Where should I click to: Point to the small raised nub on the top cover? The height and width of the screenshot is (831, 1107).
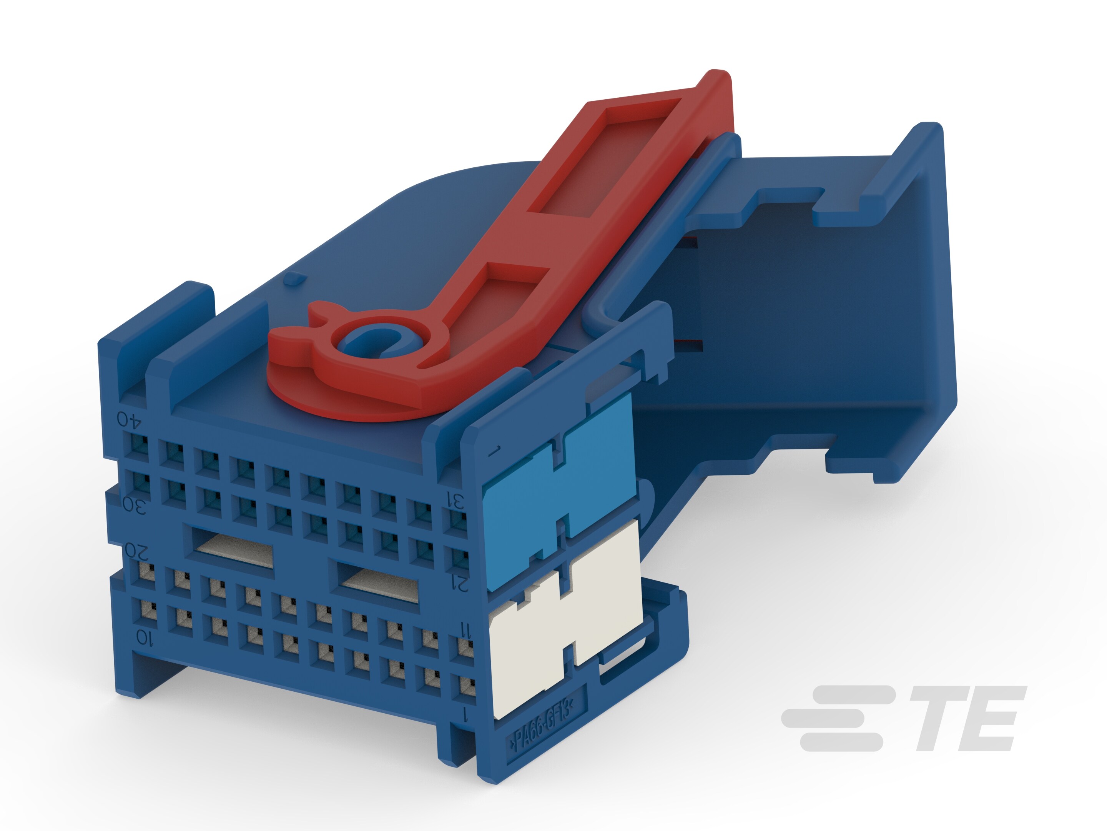(x=294, y=279)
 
